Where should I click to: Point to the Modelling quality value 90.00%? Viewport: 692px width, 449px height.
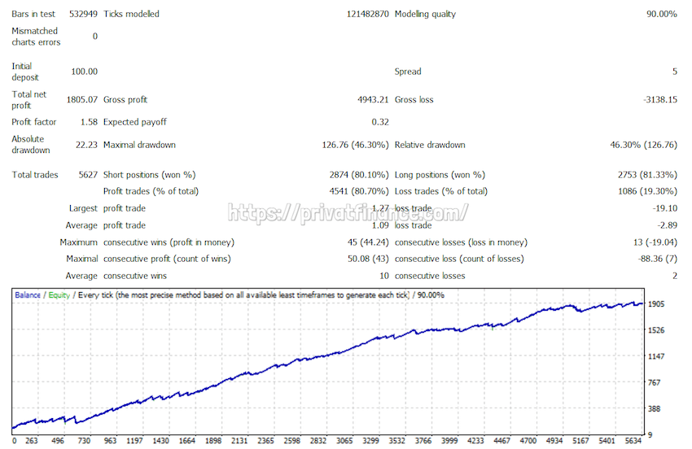(x=662, y=14)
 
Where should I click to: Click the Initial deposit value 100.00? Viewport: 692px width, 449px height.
(x=84, y=72)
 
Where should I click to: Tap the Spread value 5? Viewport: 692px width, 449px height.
(x=674, y=72)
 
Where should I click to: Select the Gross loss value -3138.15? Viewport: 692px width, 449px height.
(x=659, y=100)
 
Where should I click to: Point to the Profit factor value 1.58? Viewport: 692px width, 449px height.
(x=88, y=122)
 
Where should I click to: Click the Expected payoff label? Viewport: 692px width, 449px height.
(x=134, y=122)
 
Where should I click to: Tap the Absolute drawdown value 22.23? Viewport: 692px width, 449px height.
(x=86, y=145)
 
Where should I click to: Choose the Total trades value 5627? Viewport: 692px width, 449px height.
(x=86, y=175)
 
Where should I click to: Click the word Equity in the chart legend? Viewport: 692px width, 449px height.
(x=59, y=294)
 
